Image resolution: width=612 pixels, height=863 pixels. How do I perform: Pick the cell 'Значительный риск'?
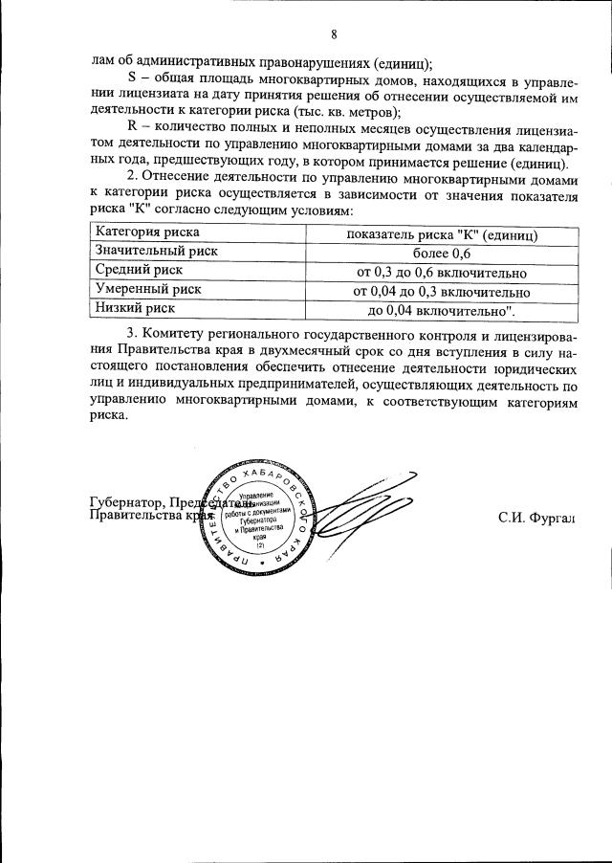[156, 252]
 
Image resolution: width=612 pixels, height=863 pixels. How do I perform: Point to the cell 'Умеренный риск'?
[146, 290]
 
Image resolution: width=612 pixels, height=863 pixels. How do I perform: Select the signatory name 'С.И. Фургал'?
[538, 518]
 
